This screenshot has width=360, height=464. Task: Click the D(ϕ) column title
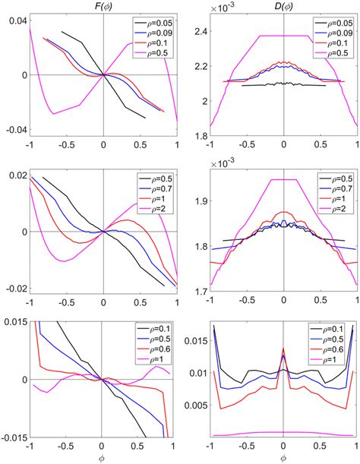(x=283, y=8)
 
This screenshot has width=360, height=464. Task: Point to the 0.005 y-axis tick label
(x=193, y=406)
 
